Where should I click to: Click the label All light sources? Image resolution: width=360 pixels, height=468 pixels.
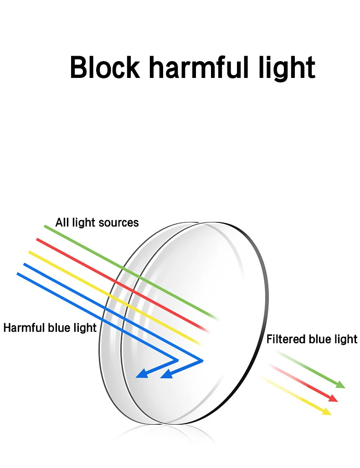coord(97,223)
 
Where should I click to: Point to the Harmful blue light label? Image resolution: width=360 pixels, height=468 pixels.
coord(50,328)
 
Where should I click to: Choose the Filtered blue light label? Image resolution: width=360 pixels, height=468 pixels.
coord(312,339)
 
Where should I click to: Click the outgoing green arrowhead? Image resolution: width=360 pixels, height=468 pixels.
coord(341,386)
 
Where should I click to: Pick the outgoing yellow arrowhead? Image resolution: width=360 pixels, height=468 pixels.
coord(327,412)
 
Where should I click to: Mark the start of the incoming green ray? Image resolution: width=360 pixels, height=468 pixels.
coord(45,226)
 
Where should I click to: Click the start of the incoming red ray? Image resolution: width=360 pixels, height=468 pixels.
coord(37,239)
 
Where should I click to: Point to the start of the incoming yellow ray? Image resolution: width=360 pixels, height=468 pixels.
coord(30,252)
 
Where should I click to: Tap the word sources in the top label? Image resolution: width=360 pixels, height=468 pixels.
coord(120,223)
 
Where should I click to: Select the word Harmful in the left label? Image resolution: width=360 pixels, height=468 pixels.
coord(22,328)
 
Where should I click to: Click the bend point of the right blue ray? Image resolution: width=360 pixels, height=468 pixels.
coord(202,360)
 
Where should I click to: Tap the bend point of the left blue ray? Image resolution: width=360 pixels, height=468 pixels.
coord(177,360)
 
